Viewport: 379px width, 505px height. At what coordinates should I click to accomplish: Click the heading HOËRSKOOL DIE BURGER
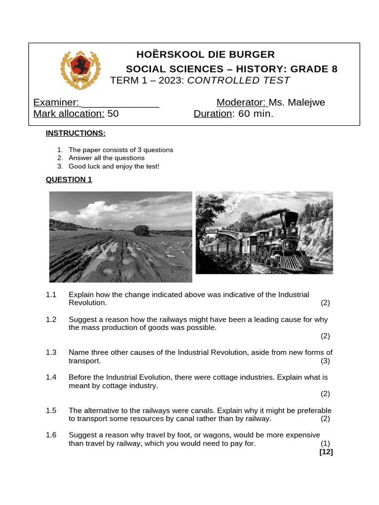206,54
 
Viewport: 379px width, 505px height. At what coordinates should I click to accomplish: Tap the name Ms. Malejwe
297,103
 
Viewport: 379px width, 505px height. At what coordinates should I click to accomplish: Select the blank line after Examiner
120,103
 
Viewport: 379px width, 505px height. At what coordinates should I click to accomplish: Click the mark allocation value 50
113,114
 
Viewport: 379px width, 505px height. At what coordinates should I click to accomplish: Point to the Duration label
213,114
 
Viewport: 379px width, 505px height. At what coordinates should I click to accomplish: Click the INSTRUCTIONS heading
76,133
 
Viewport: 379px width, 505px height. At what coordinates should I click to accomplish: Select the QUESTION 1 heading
69,180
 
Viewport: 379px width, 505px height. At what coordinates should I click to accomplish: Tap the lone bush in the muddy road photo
142,230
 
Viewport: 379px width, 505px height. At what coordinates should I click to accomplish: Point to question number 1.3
51,353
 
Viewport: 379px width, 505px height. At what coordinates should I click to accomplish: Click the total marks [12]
326,452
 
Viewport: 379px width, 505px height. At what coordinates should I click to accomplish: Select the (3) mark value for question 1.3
325,361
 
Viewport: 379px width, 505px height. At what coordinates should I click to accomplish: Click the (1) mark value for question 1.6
325,444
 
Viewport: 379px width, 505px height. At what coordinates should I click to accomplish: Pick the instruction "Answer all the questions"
107,158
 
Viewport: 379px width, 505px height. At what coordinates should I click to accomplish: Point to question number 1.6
51,435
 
